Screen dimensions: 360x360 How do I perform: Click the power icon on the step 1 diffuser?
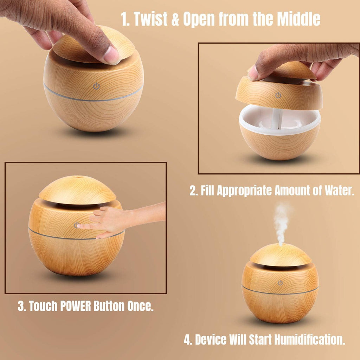point(96,86)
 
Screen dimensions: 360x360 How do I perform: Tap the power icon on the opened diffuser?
point(278,95)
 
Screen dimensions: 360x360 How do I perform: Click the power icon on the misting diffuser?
point(280,283)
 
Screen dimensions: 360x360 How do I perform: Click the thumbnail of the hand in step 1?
point(112,56)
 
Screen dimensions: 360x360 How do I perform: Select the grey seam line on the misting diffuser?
point(280,292)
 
